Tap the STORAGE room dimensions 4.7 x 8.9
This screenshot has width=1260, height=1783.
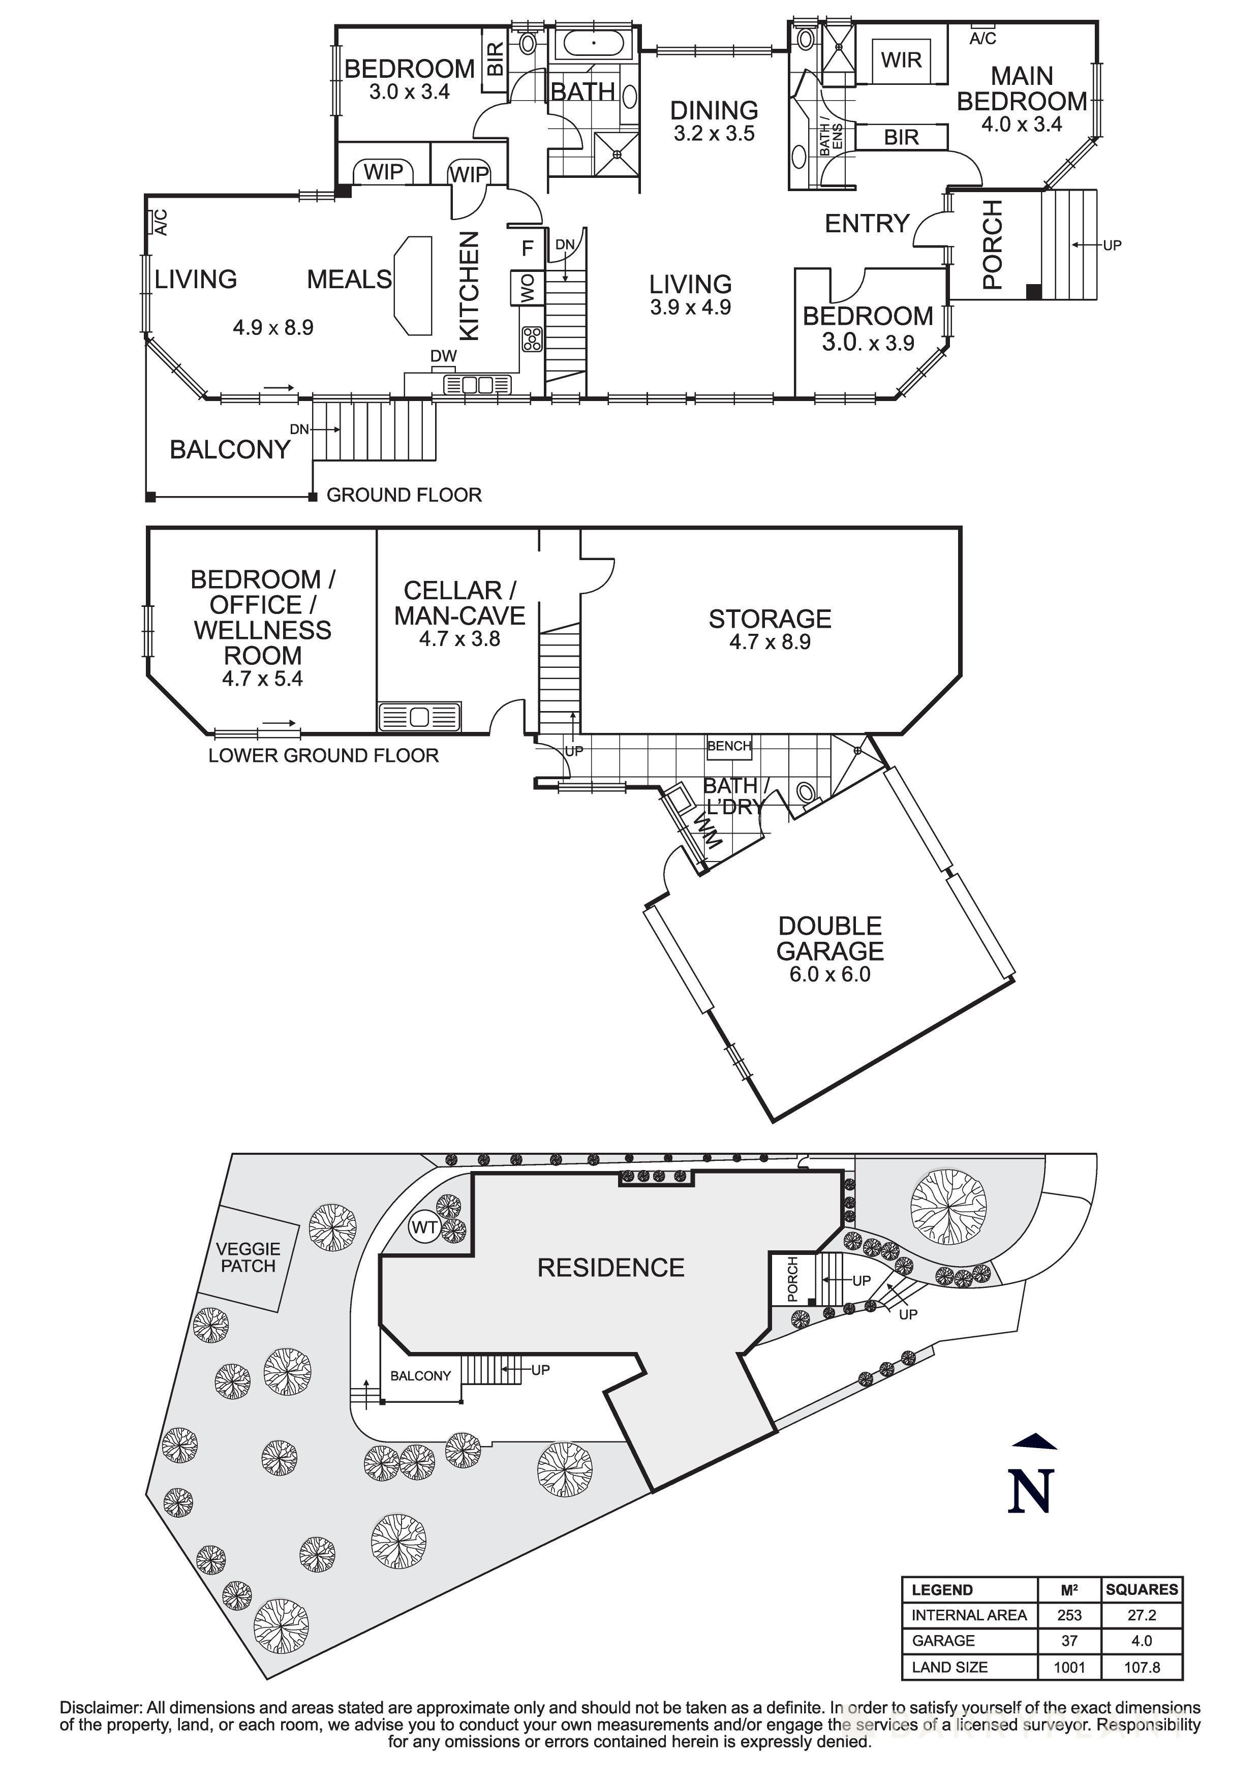coord(770,642)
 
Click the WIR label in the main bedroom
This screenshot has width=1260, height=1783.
coord(901,60)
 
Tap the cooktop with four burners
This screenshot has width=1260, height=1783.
coord(532,340)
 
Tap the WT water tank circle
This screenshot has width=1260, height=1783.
coord(424,1228)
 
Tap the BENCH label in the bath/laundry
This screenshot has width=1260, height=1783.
coord(728,746)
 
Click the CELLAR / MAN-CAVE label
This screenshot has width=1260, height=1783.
coord(459,603)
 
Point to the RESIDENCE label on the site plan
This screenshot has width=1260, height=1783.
coord(611,1268)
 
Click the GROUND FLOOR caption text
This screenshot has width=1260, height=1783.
coord(404,495)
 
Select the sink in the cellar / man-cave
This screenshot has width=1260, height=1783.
coord(419,717)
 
